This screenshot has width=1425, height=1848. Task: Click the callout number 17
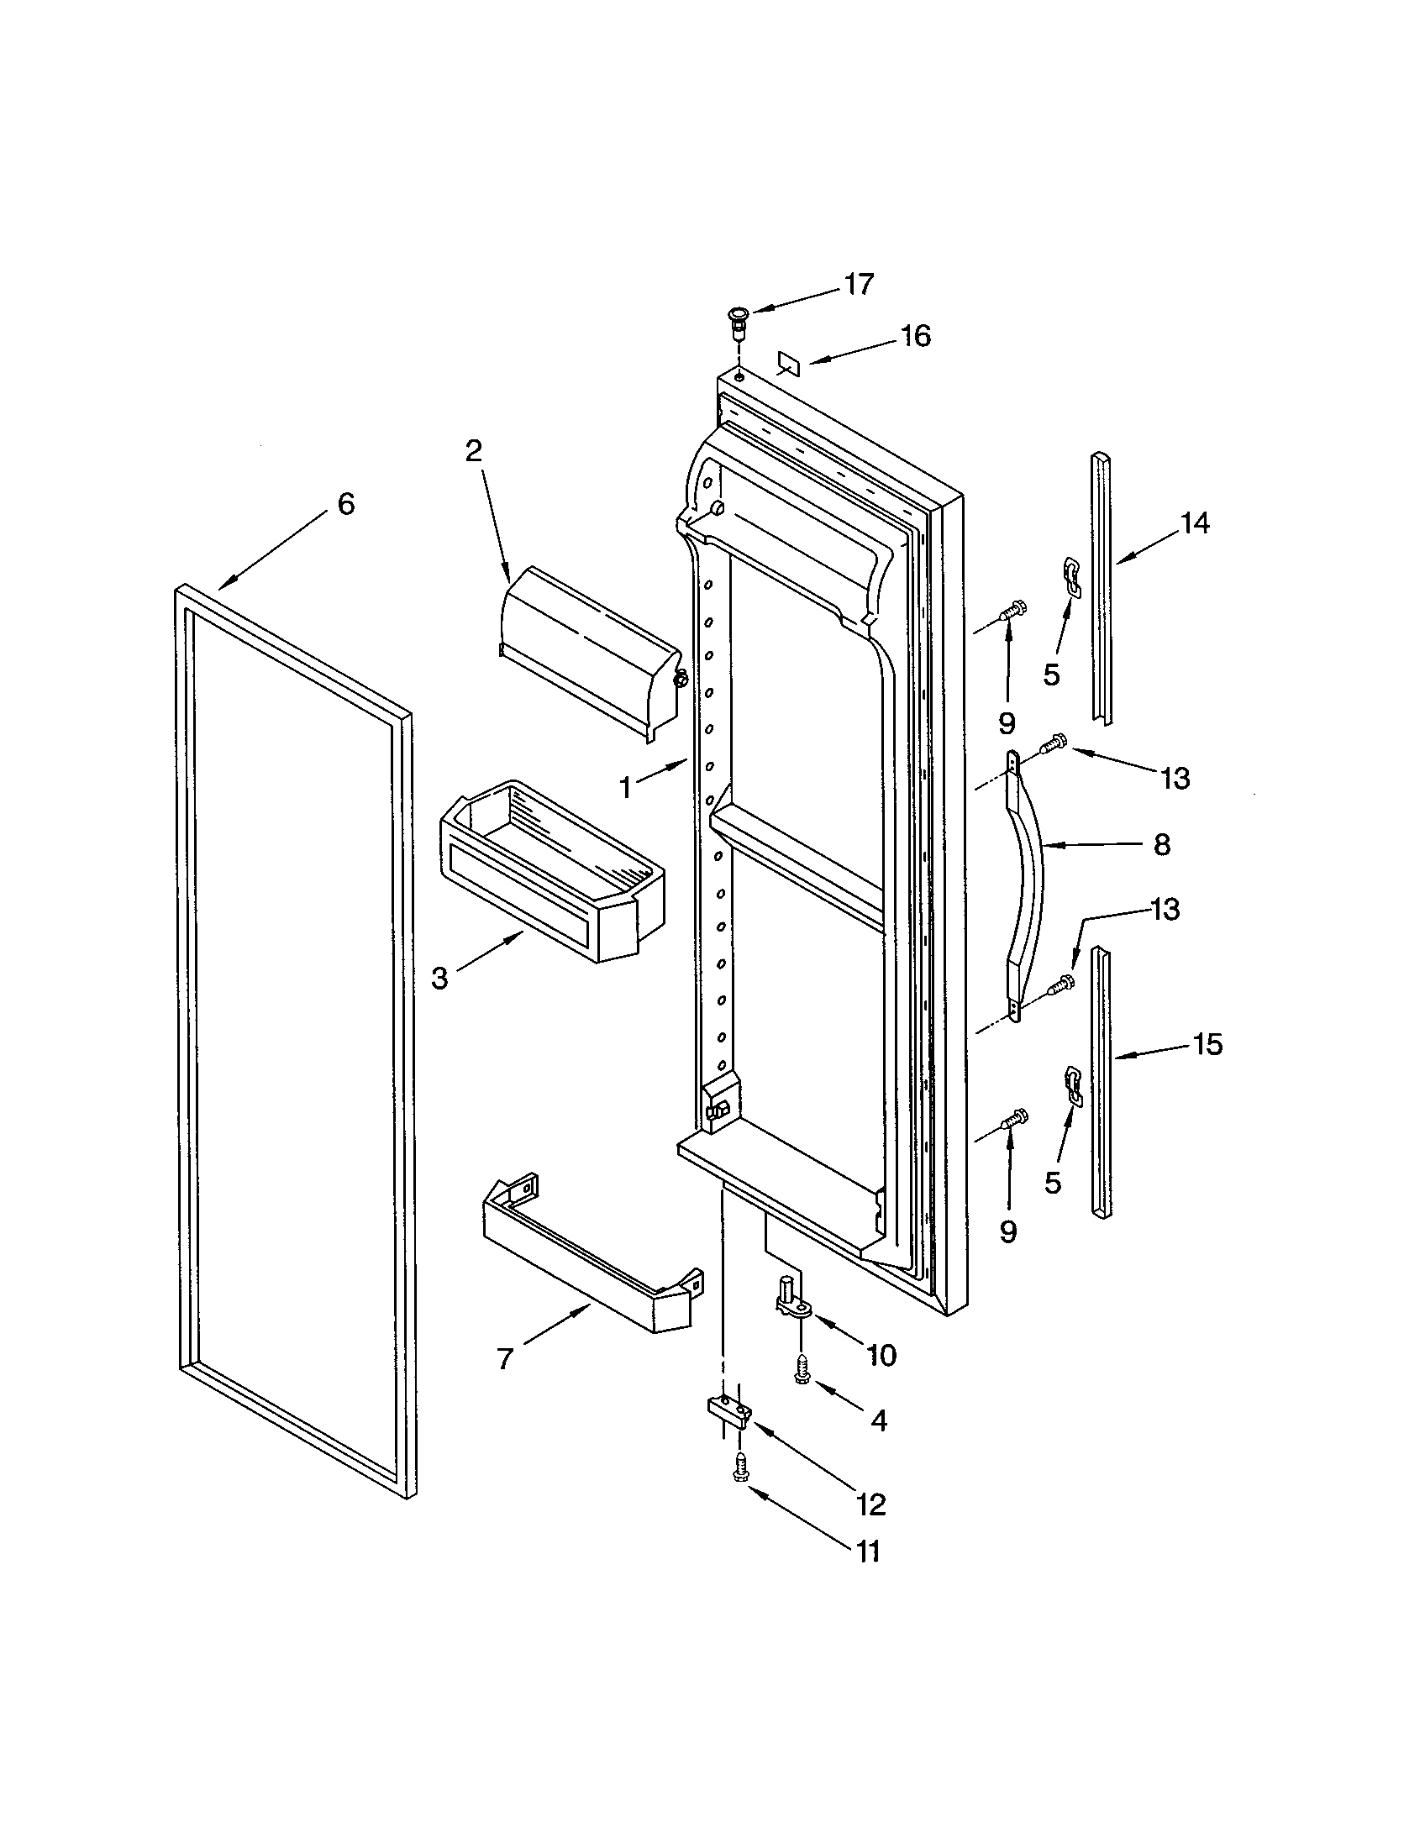[859, 284]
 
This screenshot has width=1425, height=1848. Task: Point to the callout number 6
[346, 504]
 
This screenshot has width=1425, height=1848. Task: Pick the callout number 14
[1195, 524]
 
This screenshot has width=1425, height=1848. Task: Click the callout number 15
[1207, 1045]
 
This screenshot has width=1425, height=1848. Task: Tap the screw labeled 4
[801, 1375]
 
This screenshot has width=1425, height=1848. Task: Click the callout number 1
[626, 789]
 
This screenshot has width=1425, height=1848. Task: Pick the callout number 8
[1161, 843]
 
